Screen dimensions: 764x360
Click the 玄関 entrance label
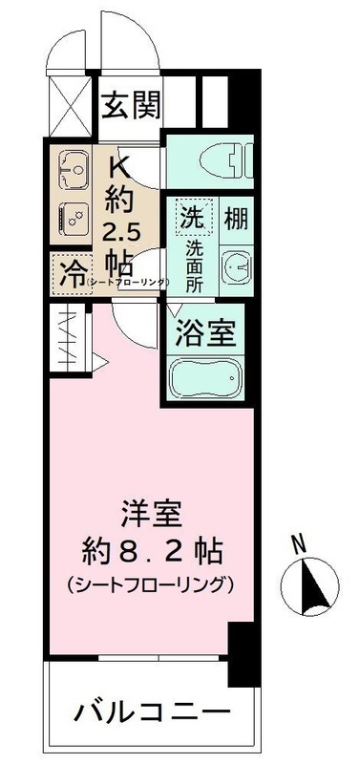[x=133, y=102]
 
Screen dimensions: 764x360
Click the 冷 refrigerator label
[x=71, y=275]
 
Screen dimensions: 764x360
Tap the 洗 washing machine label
[x=192, y=216]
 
